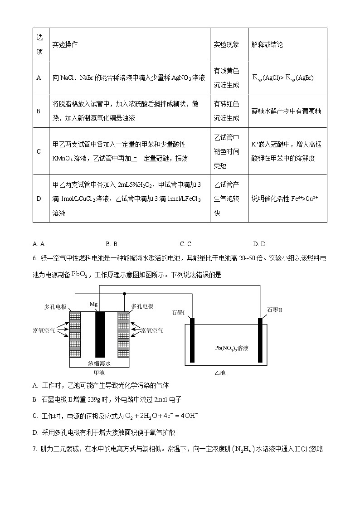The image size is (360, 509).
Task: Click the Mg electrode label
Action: tap(93, 304)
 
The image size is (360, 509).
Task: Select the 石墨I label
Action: tap(178, 313)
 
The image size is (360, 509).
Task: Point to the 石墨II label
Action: tap(275, 310)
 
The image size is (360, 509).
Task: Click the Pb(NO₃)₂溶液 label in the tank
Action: tap(232, 348)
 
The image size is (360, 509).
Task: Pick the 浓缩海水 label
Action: tap(99, 363)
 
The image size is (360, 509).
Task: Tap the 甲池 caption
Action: tap(99, 373)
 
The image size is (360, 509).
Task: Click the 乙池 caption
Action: tap(220, 373)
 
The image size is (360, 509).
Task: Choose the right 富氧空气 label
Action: tap(152, 330)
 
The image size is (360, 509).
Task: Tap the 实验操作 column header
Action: tap(65, 44)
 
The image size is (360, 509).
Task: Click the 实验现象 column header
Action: tap(226, 44)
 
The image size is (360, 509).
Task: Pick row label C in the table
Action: tap(39, 151)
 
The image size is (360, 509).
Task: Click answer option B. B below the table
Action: tap(112, 244)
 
